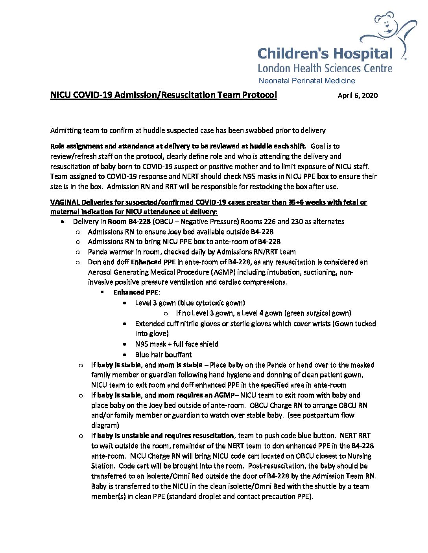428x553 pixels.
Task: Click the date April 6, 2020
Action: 358,95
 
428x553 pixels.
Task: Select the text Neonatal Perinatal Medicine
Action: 307,81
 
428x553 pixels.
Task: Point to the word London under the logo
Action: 274,69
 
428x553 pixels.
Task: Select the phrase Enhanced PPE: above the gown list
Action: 137,293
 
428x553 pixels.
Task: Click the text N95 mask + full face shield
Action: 177,344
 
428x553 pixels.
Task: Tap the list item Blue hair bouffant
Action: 163,355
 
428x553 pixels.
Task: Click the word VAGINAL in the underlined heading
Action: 65,202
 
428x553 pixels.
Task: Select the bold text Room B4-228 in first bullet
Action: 129,222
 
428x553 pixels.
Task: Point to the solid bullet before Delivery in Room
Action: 63,222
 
